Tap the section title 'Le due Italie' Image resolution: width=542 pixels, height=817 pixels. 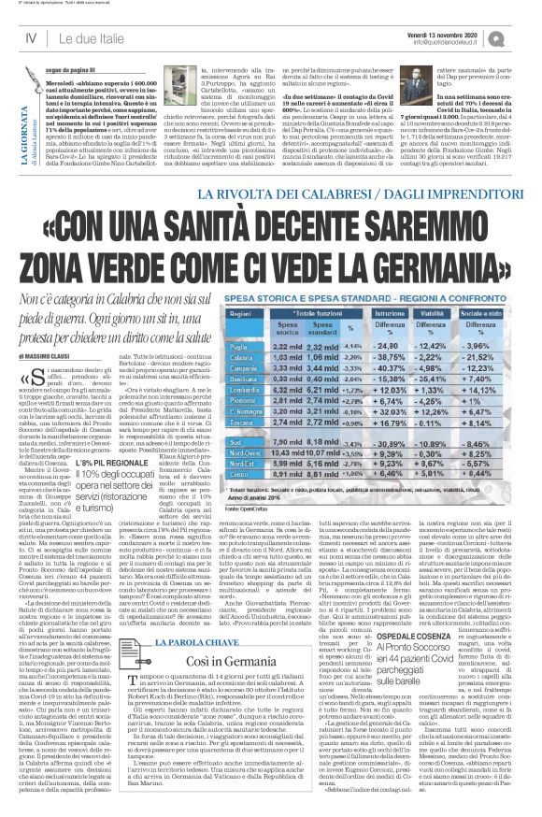pos(91,37)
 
